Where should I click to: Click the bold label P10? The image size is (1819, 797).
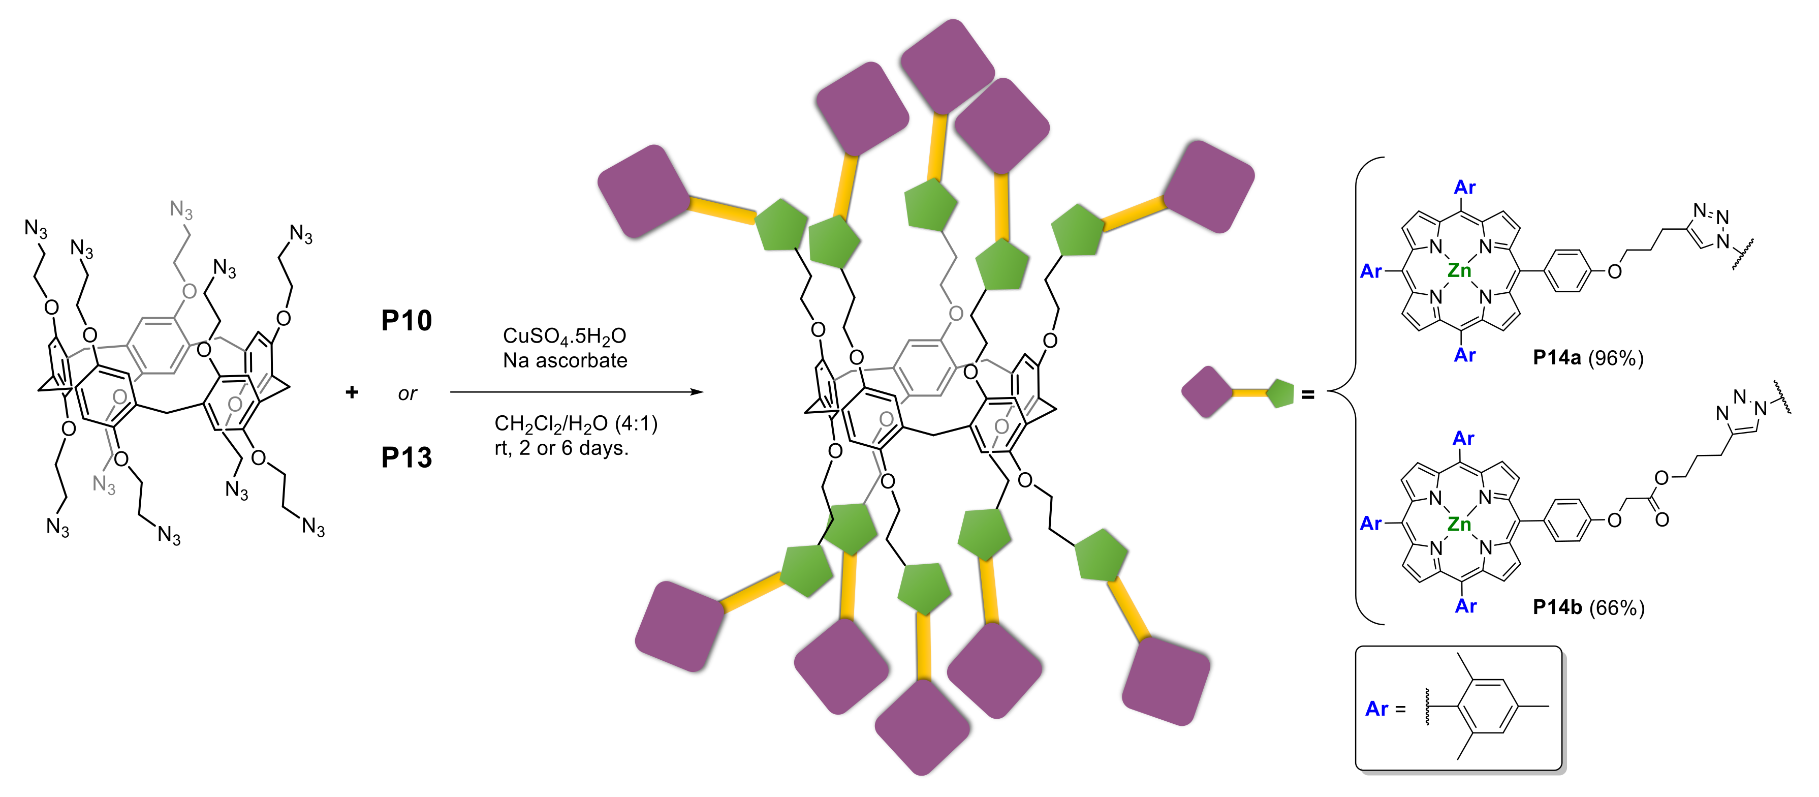(x=406, y=321)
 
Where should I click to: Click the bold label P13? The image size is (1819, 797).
(x=406, y=458)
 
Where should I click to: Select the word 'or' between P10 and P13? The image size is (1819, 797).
(x=407, y=393)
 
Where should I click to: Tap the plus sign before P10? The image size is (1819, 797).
(x=352, y=392)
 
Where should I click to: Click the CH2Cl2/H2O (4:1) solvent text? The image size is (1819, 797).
(x=576, y=424)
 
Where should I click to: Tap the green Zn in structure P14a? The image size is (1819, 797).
(x=1459, y=270)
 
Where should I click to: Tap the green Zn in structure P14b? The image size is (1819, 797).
(x=1459, y=524)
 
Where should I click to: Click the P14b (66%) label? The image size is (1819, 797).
(x=1588, y=607)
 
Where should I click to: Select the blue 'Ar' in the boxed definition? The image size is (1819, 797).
(x=1376, y=709)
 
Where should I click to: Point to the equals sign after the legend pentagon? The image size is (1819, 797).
(x=1308, y=395)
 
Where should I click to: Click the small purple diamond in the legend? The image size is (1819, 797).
(x=1207, y=391)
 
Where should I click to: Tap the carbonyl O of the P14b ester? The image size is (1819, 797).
(x=1662, y=520)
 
